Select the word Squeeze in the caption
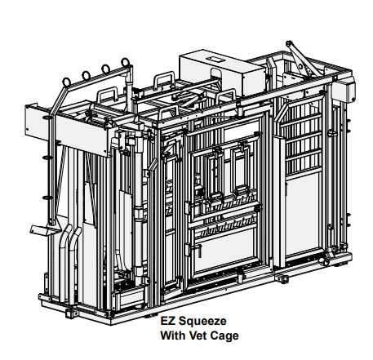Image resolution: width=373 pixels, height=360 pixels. pos(202,322)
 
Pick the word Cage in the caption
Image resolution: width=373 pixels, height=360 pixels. pos(224,336)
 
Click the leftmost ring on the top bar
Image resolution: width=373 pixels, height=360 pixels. pos(67,82)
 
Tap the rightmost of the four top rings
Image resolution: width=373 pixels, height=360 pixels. pos(125,63)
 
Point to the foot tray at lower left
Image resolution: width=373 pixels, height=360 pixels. pos(43,230)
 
